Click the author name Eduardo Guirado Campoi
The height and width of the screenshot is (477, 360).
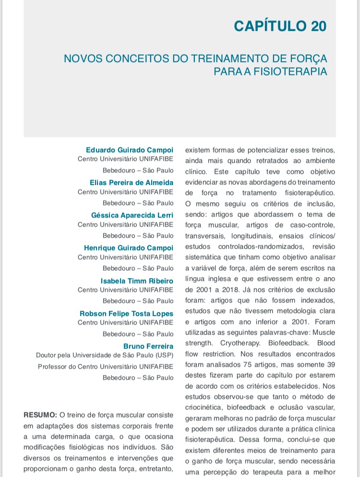[x=130, y=150]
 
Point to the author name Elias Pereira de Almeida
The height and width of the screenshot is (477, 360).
[x=132, y=182]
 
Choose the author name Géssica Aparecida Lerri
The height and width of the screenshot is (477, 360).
[x=132, y=215]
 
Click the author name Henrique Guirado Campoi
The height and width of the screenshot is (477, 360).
[x=129, y=248]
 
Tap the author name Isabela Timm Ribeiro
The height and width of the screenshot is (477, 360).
[x=137, y=281]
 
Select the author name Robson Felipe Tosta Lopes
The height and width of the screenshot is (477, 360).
[x=127, y=313]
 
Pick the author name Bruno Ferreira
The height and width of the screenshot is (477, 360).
[x=148, y=346]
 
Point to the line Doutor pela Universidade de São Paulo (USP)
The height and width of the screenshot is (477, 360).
[x=105, y=356]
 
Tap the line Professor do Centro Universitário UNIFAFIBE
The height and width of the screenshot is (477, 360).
[x=106, y=367]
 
